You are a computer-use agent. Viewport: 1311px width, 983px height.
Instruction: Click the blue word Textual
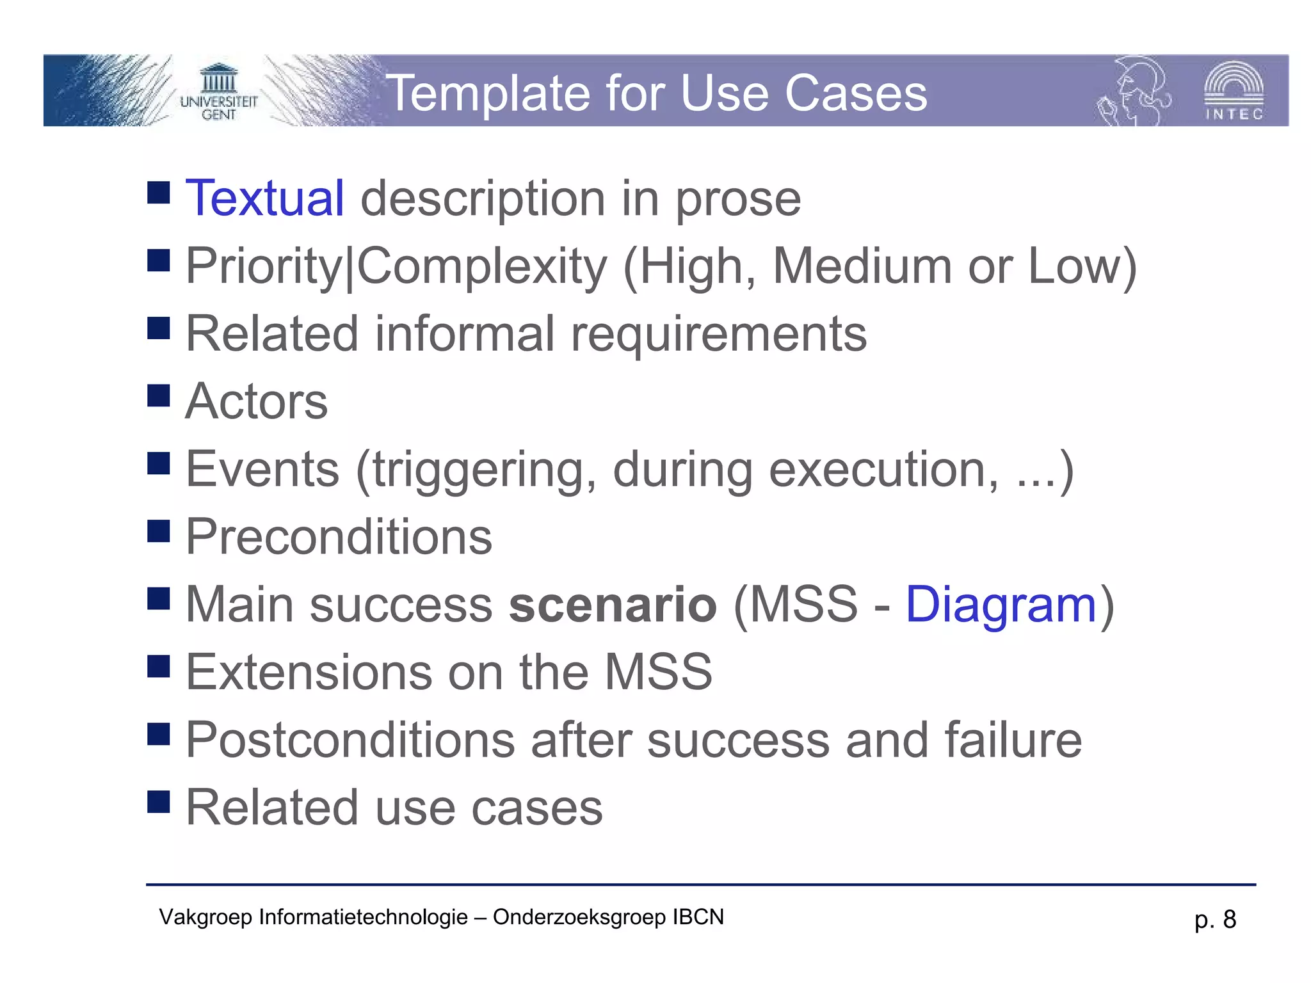click(x=264, y=198)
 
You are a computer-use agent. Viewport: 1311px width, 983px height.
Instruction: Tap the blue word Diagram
click(x=1001, y=605)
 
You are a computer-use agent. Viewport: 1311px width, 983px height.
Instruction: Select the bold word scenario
click(x=613, y=605)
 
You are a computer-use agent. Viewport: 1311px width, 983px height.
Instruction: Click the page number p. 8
click(x=1215, y=920)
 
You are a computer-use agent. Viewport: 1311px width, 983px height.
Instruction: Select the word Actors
click(x=257, y=402)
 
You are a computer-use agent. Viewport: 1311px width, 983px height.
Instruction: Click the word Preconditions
click(x=339, y=537)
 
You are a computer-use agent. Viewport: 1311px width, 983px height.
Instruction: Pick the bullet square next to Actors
click(x=158, y=396)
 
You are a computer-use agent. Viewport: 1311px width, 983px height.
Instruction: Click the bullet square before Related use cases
click(x=158, y=801)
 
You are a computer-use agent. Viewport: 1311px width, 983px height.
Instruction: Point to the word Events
click(x=262, y=470)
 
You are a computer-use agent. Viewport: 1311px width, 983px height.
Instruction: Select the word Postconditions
click(x=350, y=740)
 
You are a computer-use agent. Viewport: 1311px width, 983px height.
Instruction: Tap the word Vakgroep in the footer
click(x=205, y=918)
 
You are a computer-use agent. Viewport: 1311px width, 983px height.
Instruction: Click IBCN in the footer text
click(x=698, y=917)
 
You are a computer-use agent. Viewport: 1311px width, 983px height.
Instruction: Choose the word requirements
click(x=718, y=334)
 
